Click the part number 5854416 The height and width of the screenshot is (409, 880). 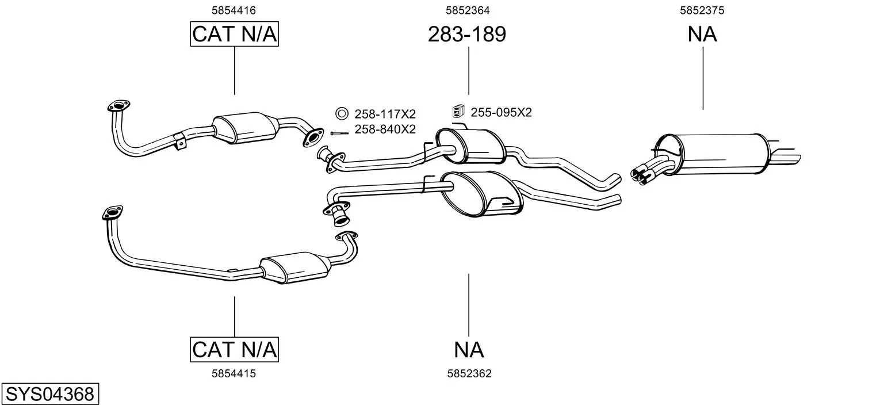pyautogui.click(x=234, y=10)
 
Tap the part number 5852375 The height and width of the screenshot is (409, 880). pyautogui.click(x=702, y=10)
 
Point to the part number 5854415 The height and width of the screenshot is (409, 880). pyautogui.click(x=234, y=373)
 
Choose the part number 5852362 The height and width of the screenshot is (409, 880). pyautogui.click(x=469, y=373)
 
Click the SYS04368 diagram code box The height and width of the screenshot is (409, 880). pyautogui.click(x=49, y=395)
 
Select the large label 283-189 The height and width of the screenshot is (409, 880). pyautogui.click(x=466, y=35)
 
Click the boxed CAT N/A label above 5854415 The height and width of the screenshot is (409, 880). pyautogui.click(x=234, y=349)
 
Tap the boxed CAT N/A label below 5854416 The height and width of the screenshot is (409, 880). pyautogui.click(x=234, y=35)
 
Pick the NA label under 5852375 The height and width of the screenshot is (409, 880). pyautogui.click(x=702, y=35)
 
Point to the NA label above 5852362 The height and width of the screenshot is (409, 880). pyautogui.click(x=468, y=349)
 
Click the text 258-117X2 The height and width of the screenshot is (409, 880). pyautogui.click(x=384, y=114)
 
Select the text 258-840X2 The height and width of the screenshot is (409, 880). pyautogui.click(x=384, y=129)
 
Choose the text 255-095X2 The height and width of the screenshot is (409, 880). pyautogui.click(x=501, y=113)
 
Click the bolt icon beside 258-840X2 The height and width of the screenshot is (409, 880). pyautogui.click(x=339, y=133)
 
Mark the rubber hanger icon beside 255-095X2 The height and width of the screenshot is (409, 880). pyautogui.click(x=458, y=112)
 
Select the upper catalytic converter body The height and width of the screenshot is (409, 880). pyautogui.click(x=244, y=128)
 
